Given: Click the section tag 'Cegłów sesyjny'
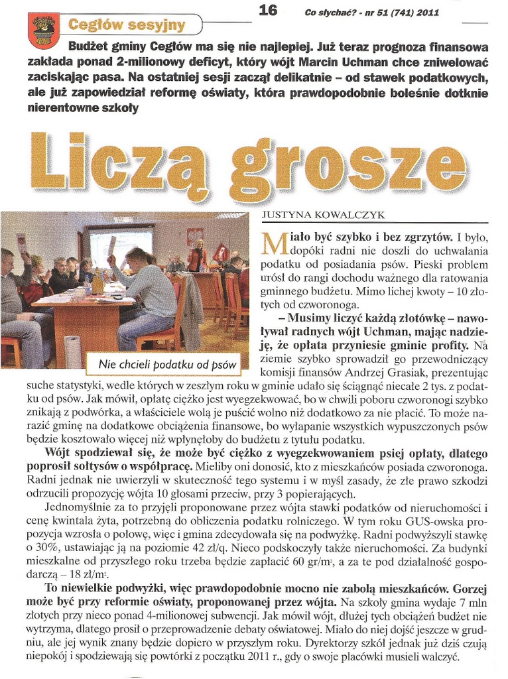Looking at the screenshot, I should tap(119, 26).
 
